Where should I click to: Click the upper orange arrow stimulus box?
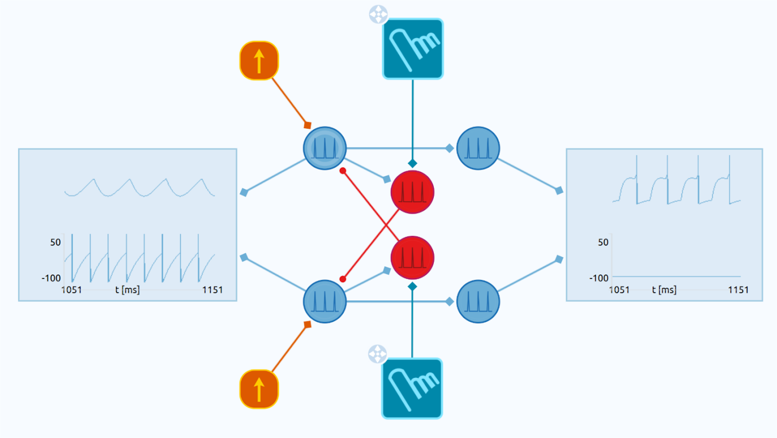tap(259, 60)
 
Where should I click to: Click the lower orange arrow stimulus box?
tap(259, 389)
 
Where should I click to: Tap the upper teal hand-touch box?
tap(412, 49)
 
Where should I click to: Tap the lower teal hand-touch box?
tap(412, 388)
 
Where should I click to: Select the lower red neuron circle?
tap(412, 257)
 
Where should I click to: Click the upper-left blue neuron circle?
tap(325, 148)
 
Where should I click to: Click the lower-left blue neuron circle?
tap(325, 301)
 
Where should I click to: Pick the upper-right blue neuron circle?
tap(478, 148)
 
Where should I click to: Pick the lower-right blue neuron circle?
tap(478, 301)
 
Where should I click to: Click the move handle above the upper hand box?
tap(378, 15)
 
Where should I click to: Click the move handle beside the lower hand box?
tap(377, 354)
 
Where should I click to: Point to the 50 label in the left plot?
tap(56, 242)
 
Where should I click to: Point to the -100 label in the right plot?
tap(599, 278)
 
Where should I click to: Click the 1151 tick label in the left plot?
tap(211, 290)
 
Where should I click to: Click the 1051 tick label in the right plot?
tap(619, 290)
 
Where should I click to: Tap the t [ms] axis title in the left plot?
tap(127, 290)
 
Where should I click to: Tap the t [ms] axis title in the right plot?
tap(664, 290)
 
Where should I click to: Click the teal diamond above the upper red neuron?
tap(412, 163)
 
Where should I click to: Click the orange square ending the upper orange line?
tap(308, 125)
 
